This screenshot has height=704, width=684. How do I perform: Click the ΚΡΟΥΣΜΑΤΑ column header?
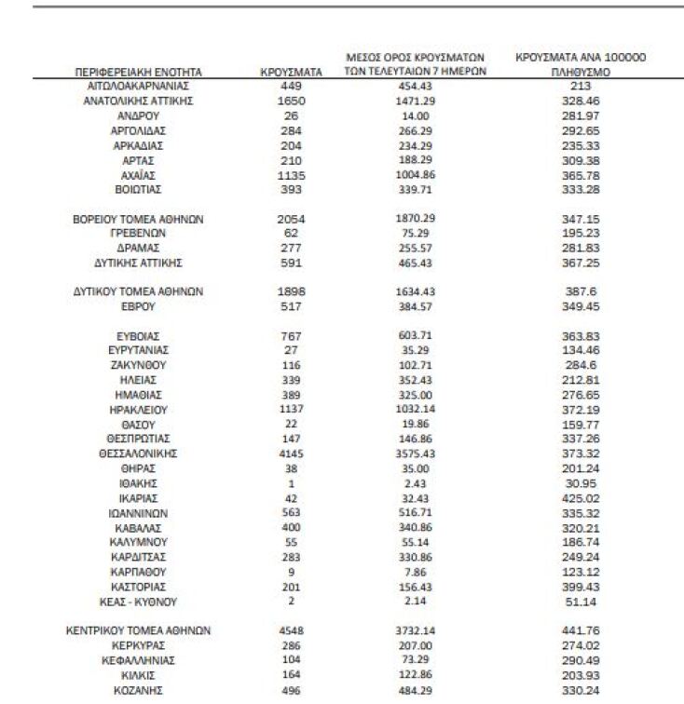[x=292, y=72]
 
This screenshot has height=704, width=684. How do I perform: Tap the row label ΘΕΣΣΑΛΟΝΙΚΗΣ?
[x=138, y=454]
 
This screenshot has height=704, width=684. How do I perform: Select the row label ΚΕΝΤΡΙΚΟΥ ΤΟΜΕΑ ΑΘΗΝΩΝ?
[x=138, y=630]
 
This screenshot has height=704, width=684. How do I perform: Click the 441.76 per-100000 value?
[x=588, y=630]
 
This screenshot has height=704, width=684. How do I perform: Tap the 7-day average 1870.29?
[x=410, y=218]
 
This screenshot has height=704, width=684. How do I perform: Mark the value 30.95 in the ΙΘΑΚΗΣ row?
[x=588, y=483]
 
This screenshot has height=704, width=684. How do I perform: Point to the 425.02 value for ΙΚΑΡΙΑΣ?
[x=588, y=498]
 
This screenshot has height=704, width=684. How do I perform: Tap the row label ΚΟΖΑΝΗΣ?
[x=138, y=690]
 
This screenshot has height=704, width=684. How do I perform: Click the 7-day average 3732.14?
[x=410, y=630]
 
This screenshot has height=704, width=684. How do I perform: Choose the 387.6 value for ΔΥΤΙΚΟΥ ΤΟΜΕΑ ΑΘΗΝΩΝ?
[x=588, y=291]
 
